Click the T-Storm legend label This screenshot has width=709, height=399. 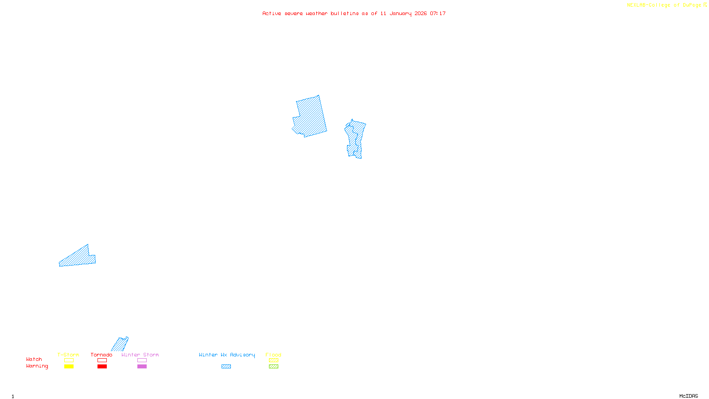coord(68,355)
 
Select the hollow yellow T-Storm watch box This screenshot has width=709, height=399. coord(69,360)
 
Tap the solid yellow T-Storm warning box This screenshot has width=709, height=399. coord(69,367)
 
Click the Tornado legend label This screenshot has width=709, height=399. coord(101,355)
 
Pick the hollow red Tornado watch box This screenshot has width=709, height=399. coord(102,360)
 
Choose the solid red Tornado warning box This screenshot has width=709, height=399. coord(102,367)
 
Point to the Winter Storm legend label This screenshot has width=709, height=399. coord(140,355)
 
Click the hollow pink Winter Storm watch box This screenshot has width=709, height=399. coord(142,360)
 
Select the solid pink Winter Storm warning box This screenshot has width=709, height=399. coord(142,367)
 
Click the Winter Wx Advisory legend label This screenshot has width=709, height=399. coord(227,355)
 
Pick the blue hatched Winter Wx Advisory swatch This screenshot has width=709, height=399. coord(226,367)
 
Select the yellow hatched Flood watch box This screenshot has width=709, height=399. coord(273,360)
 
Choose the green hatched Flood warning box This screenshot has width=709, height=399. coord(273,367)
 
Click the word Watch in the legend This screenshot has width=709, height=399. coord(34,359)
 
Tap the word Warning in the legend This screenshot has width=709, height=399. coord(37,366)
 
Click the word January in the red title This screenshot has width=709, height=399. coord(401,13)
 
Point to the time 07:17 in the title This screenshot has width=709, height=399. coord(438,13)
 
